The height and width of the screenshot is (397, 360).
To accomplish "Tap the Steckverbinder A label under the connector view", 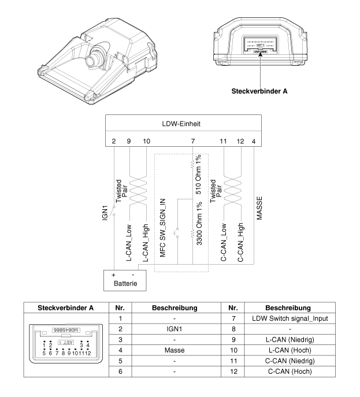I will (x=259, y=91).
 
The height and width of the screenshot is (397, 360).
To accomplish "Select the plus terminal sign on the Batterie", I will (x=112, y=274).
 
